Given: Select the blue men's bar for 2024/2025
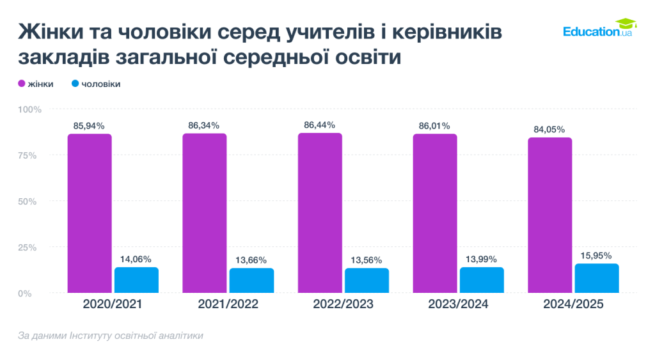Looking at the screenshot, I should (597, 278).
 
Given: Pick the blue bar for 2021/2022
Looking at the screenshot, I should (251, 280).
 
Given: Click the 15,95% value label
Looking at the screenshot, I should (597, 255).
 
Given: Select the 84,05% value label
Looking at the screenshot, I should (549, 129).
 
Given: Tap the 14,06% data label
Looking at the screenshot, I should (136, 259).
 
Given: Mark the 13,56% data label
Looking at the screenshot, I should (367, 260).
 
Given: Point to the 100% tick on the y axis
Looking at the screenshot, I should (29, 109).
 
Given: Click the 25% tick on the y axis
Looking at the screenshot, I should (31, 247).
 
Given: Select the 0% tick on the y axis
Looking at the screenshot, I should (34, 293).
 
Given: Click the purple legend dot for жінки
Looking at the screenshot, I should (21, 84).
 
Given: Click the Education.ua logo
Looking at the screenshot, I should (597, 29).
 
